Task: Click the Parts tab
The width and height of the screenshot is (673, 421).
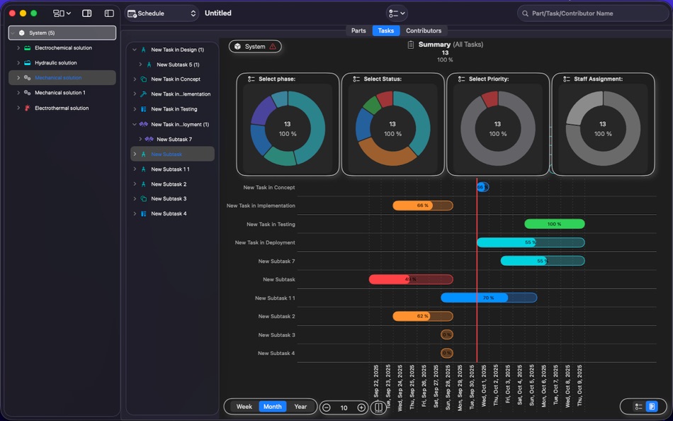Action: pyautogui.click(x=358, y=30)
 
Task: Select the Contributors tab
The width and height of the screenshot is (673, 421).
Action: pyautogui.click(x=424, y=30)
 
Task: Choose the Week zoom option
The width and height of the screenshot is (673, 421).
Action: pyautogui.click(x=244, y=407)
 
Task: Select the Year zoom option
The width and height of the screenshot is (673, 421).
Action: pyautogui.click(x=300, y=407)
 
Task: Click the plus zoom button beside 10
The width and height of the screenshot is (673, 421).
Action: pyautogui.click(x=361, y=408)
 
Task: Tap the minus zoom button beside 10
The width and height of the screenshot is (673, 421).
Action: pyautogui.click(x=327, y=408)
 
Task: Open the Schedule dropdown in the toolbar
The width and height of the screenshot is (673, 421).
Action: pyautogui.click(x=162, y=13)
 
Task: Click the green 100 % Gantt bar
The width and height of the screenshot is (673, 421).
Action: pyautogui.click(x=554, y=224)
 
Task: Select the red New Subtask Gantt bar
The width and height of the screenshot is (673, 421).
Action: pyautogui.click(x=410, y=279)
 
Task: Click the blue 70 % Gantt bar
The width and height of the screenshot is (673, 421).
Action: pyautogui.click(x=488, y=298)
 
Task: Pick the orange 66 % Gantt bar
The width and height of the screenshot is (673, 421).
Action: pyautogui.click(x=422, y=206)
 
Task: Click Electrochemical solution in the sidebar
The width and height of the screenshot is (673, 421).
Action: pyautogui.click(x=63, y=48)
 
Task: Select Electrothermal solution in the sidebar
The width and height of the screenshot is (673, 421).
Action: pyautogui.click(x=62, y=108)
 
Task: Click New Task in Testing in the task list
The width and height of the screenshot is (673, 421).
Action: pyautogui.click(x=174, y=109)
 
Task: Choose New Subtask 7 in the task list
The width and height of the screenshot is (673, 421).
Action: pyautogui.click(x=174, y=140)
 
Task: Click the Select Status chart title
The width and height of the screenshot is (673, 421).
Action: pyautogui.click(x=383, y=79)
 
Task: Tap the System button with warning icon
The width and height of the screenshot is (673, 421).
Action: pyautogui.click(x=255, y=47)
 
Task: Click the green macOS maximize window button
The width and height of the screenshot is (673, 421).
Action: pyautogui.click(x=33, y=13)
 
